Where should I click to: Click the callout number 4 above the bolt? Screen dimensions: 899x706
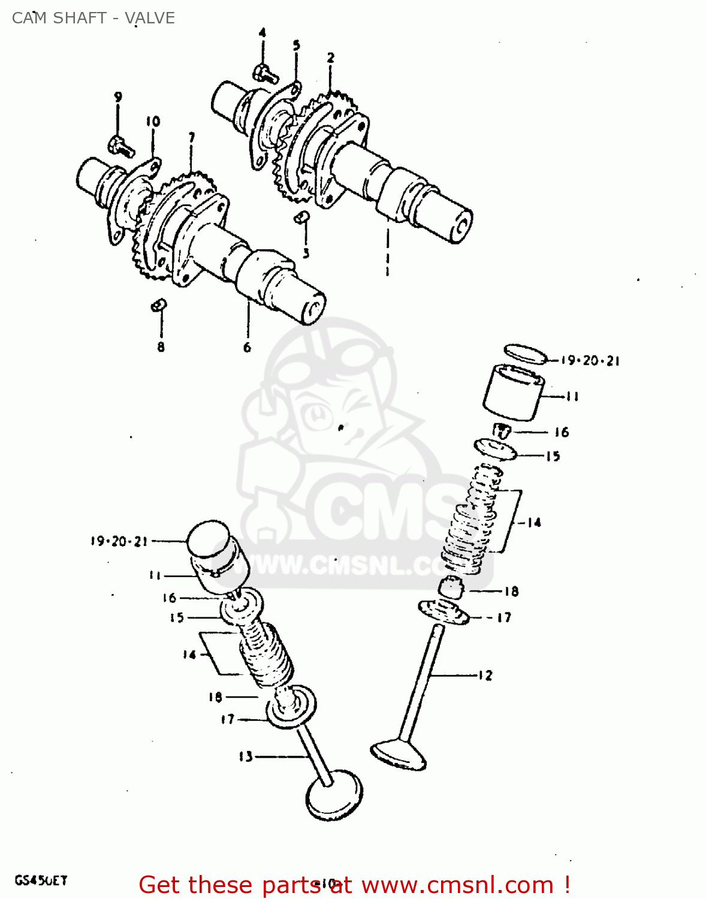pos(262,33)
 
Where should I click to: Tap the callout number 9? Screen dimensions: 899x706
pos(118,97)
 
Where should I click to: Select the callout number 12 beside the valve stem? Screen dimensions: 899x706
pos(485,675)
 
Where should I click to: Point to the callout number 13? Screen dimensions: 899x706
pos(246,757)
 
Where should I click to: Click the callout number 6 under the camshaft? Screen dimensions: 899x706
pos(247,347)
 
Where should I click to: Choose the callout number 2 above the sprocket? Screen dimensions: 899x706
pos(330,58)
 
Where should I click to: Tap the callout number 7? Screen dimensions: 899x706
pos(191,138)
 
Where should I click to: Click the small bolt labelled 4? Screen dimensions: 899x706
pos(265,74)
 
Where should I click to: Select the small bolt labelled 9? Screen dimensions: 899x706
pos(121,145)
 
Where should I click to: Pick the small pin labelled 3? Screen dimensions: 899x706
pos(301,218)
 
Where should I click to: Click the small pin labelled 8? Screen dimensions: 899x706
pos(158,306)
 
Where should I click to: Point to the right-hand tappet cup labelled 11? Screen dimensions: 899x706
pos(513,393)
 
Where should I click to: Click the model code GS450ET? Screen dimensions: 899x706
pos(41,880)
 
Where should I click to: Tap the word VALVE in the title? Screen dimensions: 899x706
pos(150,18)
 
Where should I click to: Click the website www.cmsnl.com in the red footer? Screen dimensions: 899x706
pos(457,885)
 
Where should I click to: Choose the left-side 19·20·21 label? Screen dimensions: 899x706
pos(119,541)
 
